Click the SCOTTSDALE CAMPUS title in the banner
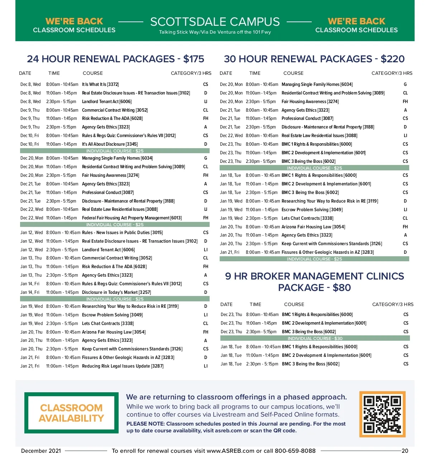(215, 22)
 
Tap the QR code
(382, 414)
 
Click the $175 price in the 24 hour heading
(193, 59)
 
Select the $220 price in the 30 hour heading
(392, 59)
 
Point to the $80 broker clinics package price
(341, 288)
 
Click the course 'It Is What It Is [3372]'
(100, 84)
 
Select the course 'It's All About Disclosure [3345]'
(110, 144)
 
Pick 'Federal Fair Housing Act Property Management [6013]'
(132, 218)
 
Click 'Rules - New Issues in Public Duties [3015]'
(122, 233)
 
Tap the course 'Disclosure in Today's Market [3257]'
(116, 292)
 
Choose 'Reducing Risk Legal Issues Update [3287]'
(123, 366)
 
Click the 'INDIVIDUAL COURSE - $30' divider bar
(315, 338)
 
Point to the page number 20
(405, 451)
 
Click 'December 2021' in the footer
(41, 451)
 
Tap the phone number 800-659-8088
(295, 451)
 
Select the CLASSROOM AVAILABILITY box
(71, 413)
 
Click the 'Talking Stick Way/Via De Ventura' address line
(215, 32)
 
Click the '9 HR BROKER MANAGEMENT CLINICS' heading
(314, 276)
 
